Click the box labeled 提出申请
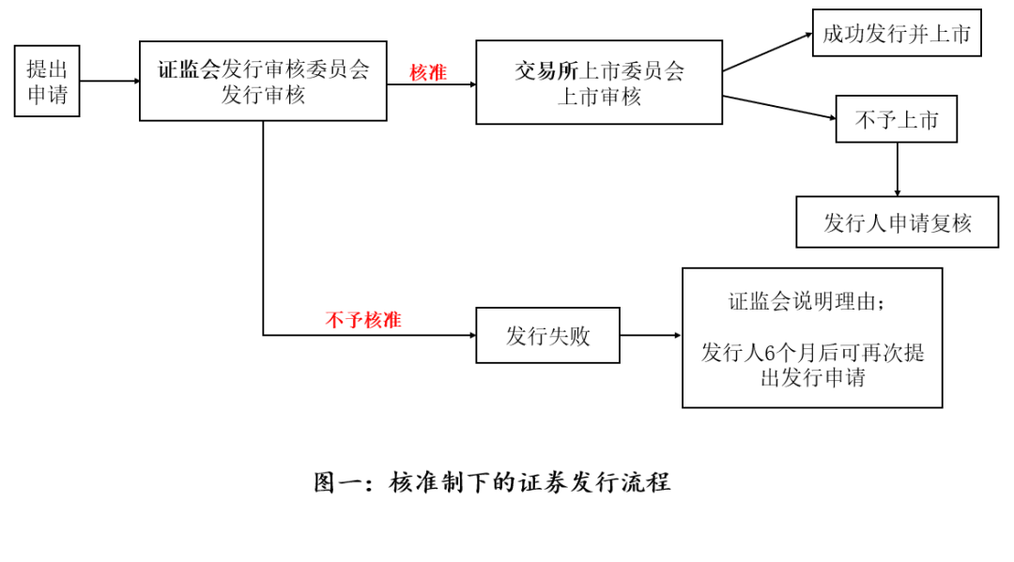pyautogui.click(x=47, y=81)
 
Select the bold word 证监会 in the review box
pyautogui.click(x=190, y=69)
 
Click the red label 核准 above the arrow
pyautogui.click(x=428, y=73)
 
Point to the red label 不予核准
pyautogui.click(x=363, y=320)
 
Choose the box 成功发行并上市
pyautogui.click(x=897, y=33)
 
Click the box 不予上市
pyautogui.click(x=897, y=119)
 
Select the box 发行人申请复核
pyautogui.click(x=897, y=222)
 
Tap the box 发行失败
pyautogui.click(x=547, y=335)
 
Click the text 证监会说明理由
pyautogui.click(x=802, y=301)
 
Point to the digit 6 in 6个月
pyautogui.click(x=769, y=354)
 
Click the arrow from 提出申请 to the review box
pyautogui.click(x=110, y=82)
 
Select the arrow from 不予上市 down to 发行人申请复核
pyautogui.click(x=897, y=169)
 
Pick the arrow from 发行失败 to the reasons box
pyautogui.click(x=651, y=335)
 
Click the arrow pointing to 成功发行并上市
pyautogui.click(x=768, y=52)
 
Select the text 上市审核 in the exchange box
pyautogui.click(x=599, y=97)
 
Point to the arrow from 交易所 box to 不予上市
pyautogui.click(x=779, y=107)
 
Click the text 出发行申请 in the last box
pyautogui.click(x=812, y=378)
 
